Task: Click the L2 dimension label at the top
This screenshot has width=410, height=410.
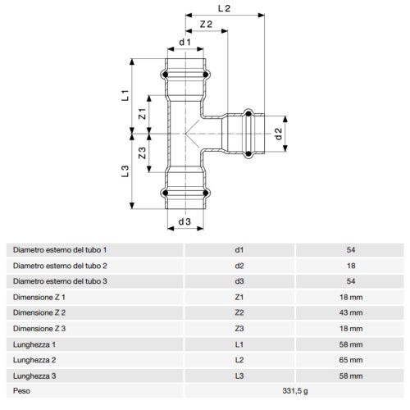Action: [x=224, y=8]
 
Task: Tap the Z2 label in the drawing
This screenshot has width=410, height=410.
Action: [x=206, y=25]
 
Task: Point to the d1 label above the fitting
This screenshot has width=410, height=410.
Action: [x=185, y=43]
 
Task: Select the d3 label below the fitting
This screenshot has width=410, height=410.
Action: [x=184, y=221]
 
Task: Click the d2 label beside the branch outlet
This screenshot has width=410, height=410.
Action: [x=278, y=134]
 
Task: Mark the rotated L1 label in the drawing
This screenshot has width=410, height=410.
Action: [x=125, y=95]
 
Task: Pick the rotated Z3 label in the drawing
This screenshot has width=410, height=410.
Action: [x=142, y=153]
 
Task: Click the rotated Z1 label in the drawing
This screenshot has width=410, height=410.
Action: [x=142, y=114]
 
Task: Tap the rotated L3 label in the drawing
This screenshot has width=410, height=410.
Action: [x=125, y=171]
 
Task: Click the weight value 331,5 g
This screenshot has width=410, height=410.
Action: [x=295, y=391]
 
